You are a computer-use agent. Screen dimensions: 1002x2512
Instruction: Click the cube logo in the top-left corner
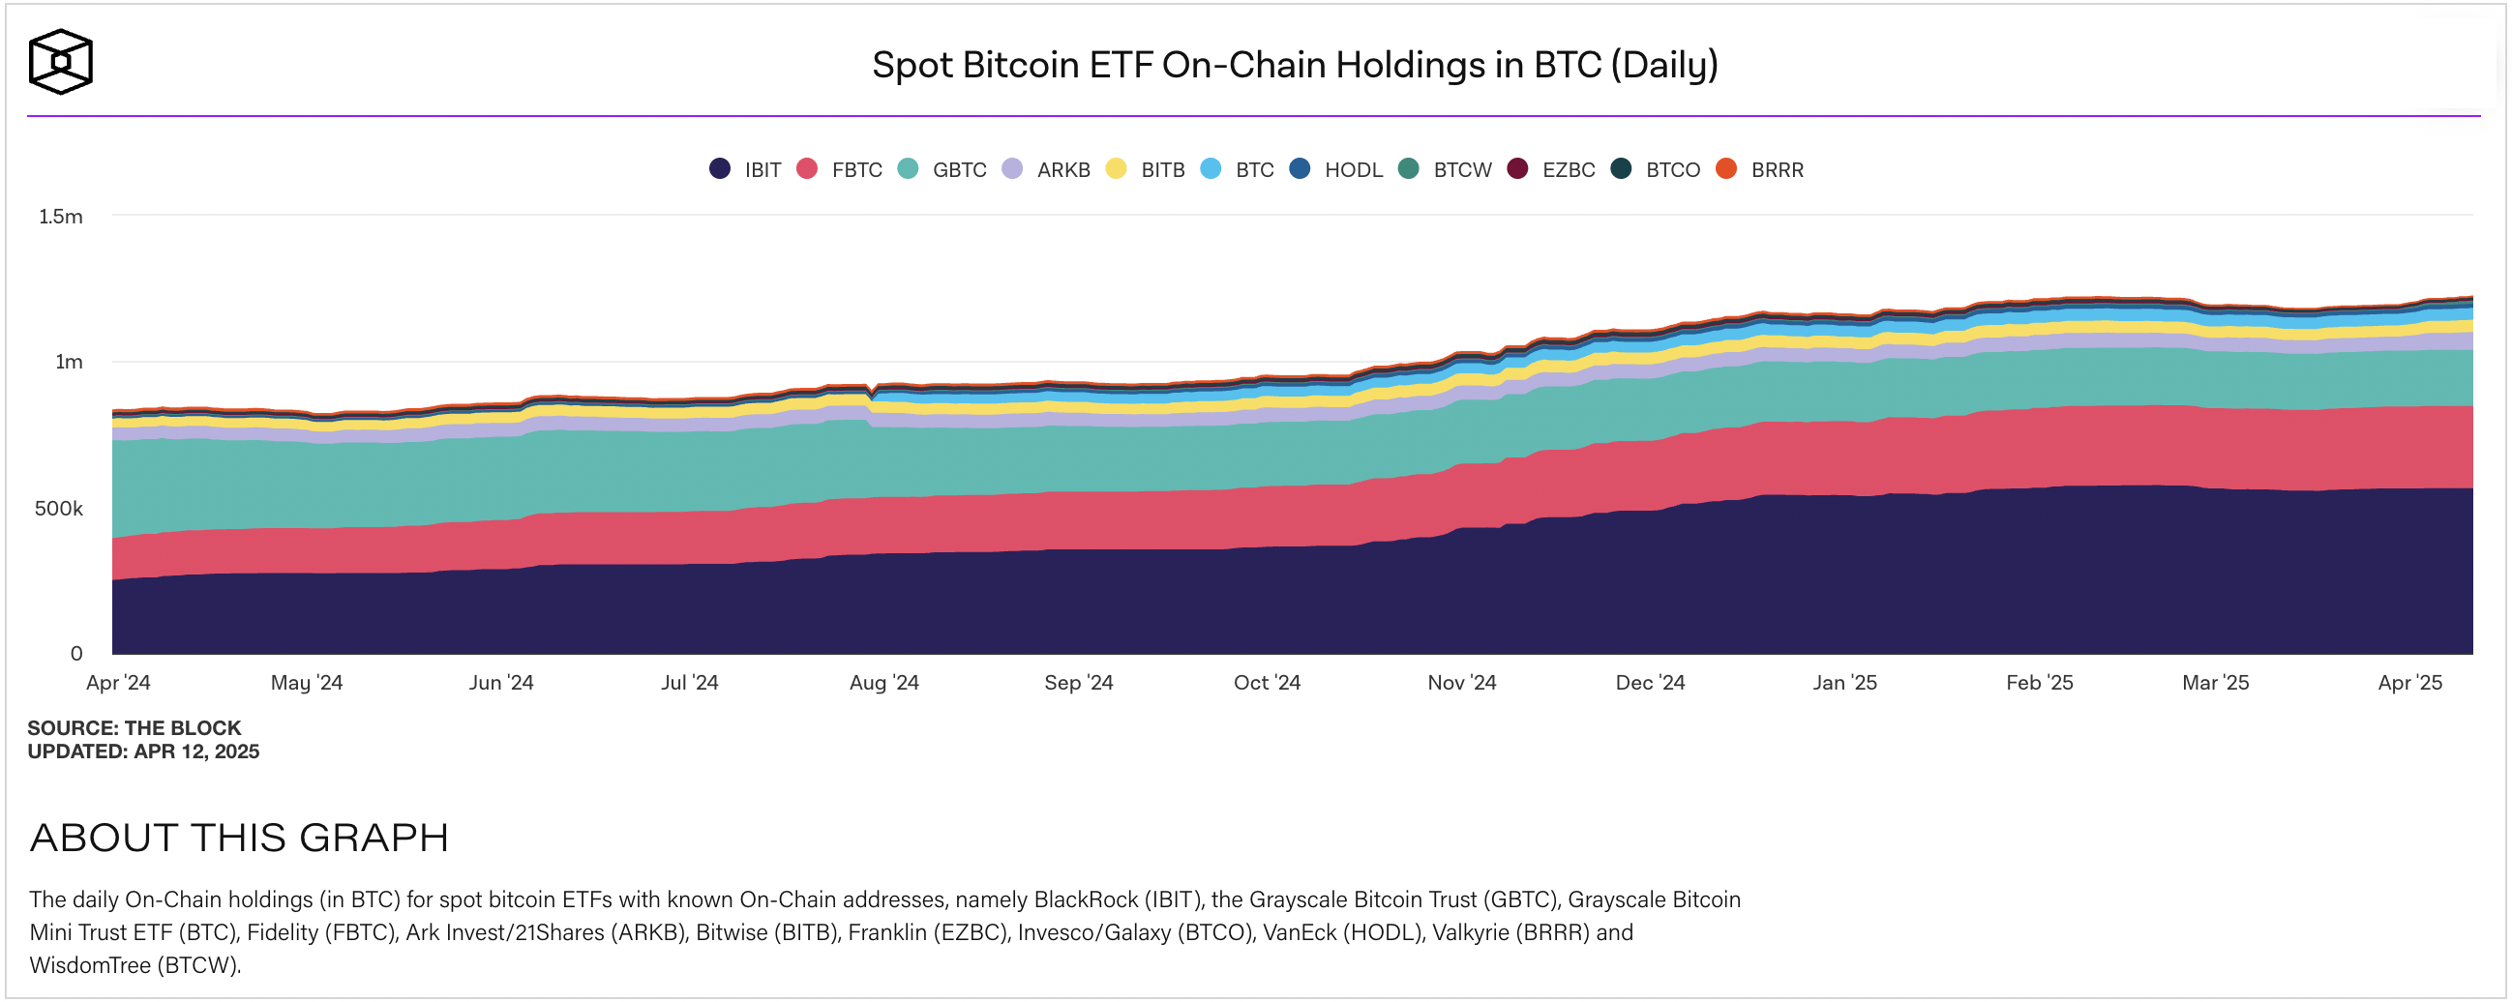point(60,61)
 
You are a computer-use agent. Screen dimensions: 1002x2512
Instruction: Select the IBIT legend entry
point(746,169)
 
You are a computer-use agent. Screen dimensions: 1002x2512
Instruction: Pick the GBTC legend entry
point(943,169)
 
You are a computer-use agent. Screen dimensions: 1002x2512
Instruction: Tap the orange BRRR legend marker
point(1726,168)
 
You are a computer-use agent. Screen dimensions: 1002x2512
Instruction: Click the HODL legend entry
point(1337,169)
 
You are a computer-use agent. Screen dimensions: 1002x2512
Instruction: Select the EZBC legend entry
point(1551,169)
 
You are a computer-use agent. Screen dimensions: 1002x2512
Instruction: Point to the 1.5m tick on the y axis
point(60,217)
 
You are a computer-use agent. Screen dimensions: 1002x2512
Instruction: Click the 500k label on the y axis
point(58,509)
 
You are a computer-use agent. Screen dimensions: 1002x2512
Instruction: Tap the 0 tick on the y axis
point(76,654)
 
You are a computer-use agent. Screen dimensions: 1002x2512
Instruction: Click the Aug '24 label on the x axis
point(883,682)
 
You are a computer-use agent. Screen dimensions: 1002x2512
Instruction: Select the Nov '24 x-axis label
point(1461,682)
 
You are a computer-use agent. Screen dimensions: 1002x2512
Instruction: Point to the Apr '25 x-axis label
point(2408,682)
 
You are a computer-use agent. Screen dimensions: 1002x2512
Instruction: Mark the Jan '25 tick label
point(1844,682)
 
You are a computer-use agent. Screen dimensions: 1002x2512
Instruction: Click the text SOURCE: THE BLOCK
point(134,728)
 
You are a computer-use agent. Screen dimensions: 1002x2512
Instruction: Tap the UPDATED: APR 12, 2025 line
point(143,751)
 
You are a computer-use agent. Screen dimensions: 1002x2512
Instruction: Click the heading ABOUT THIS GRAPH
point(239,838)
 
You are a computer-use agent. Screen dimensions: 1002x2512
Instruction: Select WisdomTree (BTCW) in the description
point(134,965)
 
